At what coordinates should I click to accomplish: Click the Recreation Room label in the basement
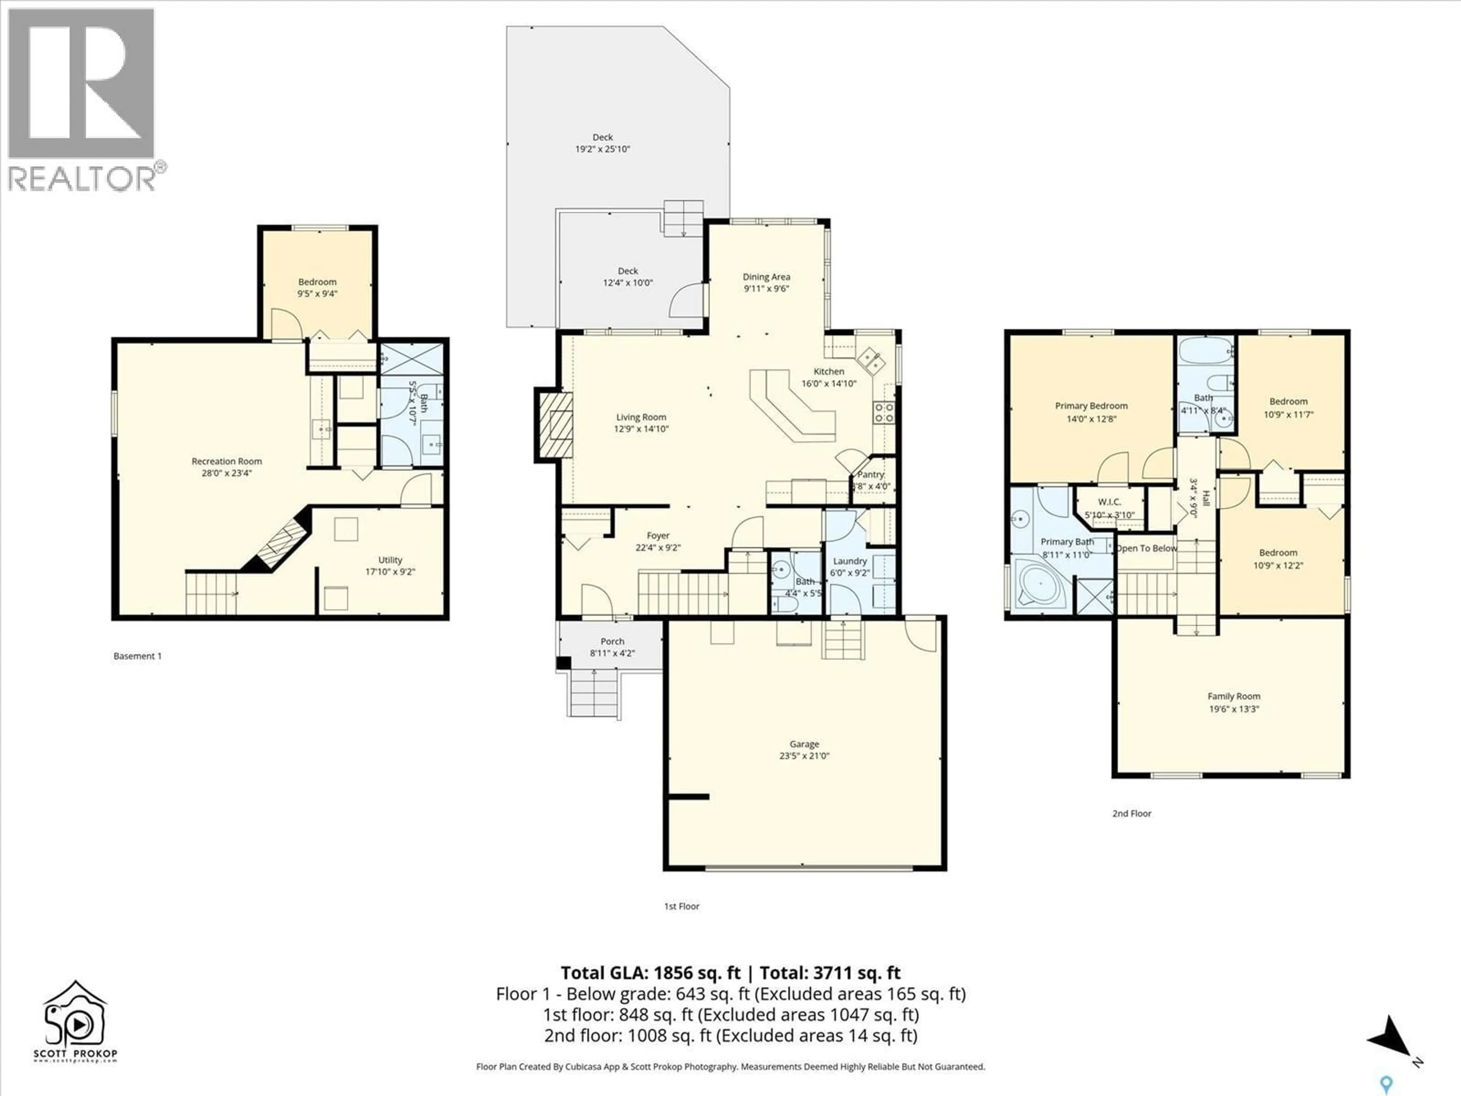226,461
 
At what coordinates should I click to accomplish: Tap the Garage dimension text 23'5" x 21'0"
804,756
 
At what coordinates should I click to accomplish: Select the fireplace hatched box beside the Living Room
554,424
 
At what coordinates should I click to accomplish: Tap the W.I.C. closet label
1109,502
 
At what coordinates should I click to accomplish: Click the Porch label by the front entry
612,642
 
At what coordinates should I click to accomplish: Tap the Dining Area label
766,277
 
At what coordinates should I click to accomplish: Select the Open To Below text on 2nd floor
1147,548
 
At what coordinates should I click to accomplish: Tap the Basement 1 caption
137,656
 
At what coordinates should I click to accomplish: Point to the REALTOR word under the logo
82,178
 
